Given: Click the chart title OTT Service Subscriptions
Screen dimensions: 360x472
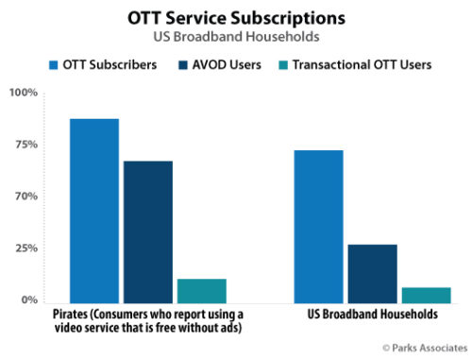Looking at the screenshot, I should (x=235, y=17).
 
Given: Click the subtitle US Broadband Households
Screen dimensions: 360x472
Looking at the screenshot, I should (x=235, y=36).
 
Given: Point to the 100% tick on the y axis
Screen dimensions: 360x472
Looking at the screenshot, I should (x=23, y=93).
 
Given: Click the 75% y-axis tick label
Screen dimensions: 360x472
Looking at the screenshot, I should (x=25, y=145).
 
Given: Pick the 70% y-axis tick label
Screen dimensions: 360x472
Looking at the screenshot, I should (x=25, y=197).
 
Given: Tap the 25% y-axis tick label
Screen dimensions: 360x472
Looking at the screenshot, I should (x=25, y=249).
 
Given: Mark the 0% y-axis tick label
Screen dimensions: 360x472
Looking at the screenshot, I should (x=27, y=300).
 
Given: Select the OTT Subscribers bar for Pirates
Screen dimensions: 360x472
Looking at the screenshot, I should (x=93, y=210).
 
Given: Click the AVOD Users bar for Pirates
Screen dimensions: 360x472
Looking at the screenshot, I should (x=147, y=231).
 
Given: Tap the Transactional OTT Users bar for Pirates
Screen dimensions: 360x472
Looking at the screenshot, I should (x=201, y=290).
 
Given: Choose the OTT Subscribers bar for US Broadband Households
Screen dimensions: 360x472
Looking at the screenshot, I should (x=318, y=226).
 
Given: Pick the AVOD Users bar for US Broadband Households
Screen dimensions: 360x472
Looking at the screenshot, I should (x=372, y=273).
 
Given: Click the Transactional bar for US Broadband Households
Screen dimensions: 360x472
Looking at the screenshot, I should (x=426, y=294).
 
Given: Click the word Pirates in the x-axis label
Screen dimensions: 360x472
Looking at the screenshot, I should (x=57, y=314).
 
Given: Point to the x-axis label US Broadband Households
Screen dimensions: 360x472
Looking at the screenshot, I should (x=372, y=314).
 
